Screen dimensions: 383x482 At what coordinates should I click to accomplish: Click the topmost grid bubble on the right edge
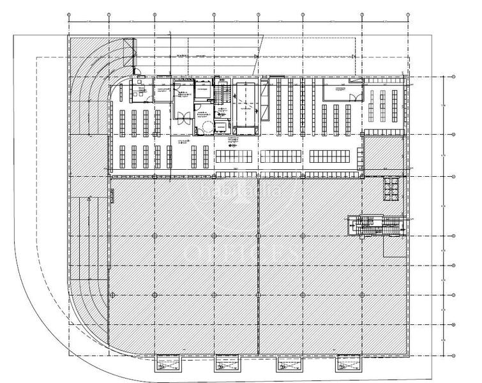453,77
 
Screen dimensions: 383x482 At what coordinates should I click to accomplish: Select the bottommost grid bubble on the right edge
453,356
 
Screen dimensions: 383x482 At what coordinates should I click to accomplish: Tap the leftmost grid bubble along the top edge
69,15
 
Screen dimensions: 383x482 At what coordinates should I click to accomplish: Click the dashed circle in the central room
206,127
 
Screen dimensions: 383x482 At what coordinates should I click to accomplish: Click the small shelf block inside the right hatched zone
391,189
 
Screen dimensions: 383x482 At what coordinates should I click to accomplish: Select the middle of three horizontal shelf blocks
283,156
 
